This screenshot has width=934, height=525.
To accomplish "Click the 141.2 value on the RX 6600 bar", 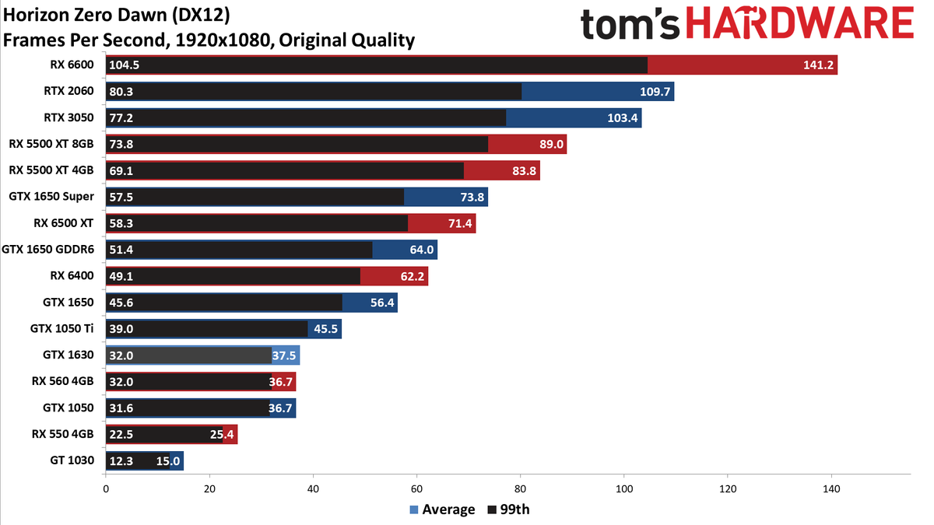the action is click(818, 65).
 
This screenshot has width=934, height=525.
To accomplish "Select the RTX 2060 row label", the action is click(68, 91).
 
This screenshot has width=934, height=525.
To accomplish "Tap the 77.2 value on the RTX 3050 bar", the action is click(121, 118).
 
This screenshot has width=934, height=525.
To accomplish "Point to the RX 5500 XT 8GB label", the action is click(51, 144).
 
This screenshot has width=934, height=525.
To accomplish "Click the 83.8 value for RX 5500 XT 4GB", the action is click(524, 170).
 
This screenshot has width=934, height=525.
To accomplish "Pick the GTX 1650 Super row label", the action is click(51, 196).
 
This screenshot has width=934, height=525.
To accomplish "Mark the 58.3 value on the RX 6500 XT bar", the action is click(121, 223).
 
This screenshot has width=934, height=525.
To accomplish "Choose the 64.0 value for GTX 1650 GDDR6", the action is click(422, 250).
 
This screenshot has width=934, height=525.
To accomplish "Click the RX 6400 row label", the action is click(72, 275).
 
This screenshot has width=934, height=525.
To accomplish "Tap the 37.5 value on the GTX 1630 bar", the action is click(284, 355).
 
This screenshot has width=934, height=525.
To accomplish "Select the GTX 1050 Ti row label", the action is click(61, 328).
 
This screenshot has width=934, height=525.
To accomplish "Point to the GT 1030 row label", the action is click(72, 460).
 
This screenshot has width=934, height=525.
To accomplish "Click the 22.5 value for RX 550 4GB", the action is click(121, 435).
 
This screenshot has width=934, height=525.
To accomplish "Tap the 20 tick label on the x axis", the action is click(209, 488).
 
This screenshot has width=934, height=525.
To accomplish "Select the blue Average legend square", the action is click(413, 509).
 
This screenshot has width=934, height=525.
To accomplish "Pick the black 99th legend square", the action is click(492, 509).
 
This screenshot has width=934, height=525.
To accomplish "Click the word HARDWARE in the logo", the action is click(800, 23).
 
